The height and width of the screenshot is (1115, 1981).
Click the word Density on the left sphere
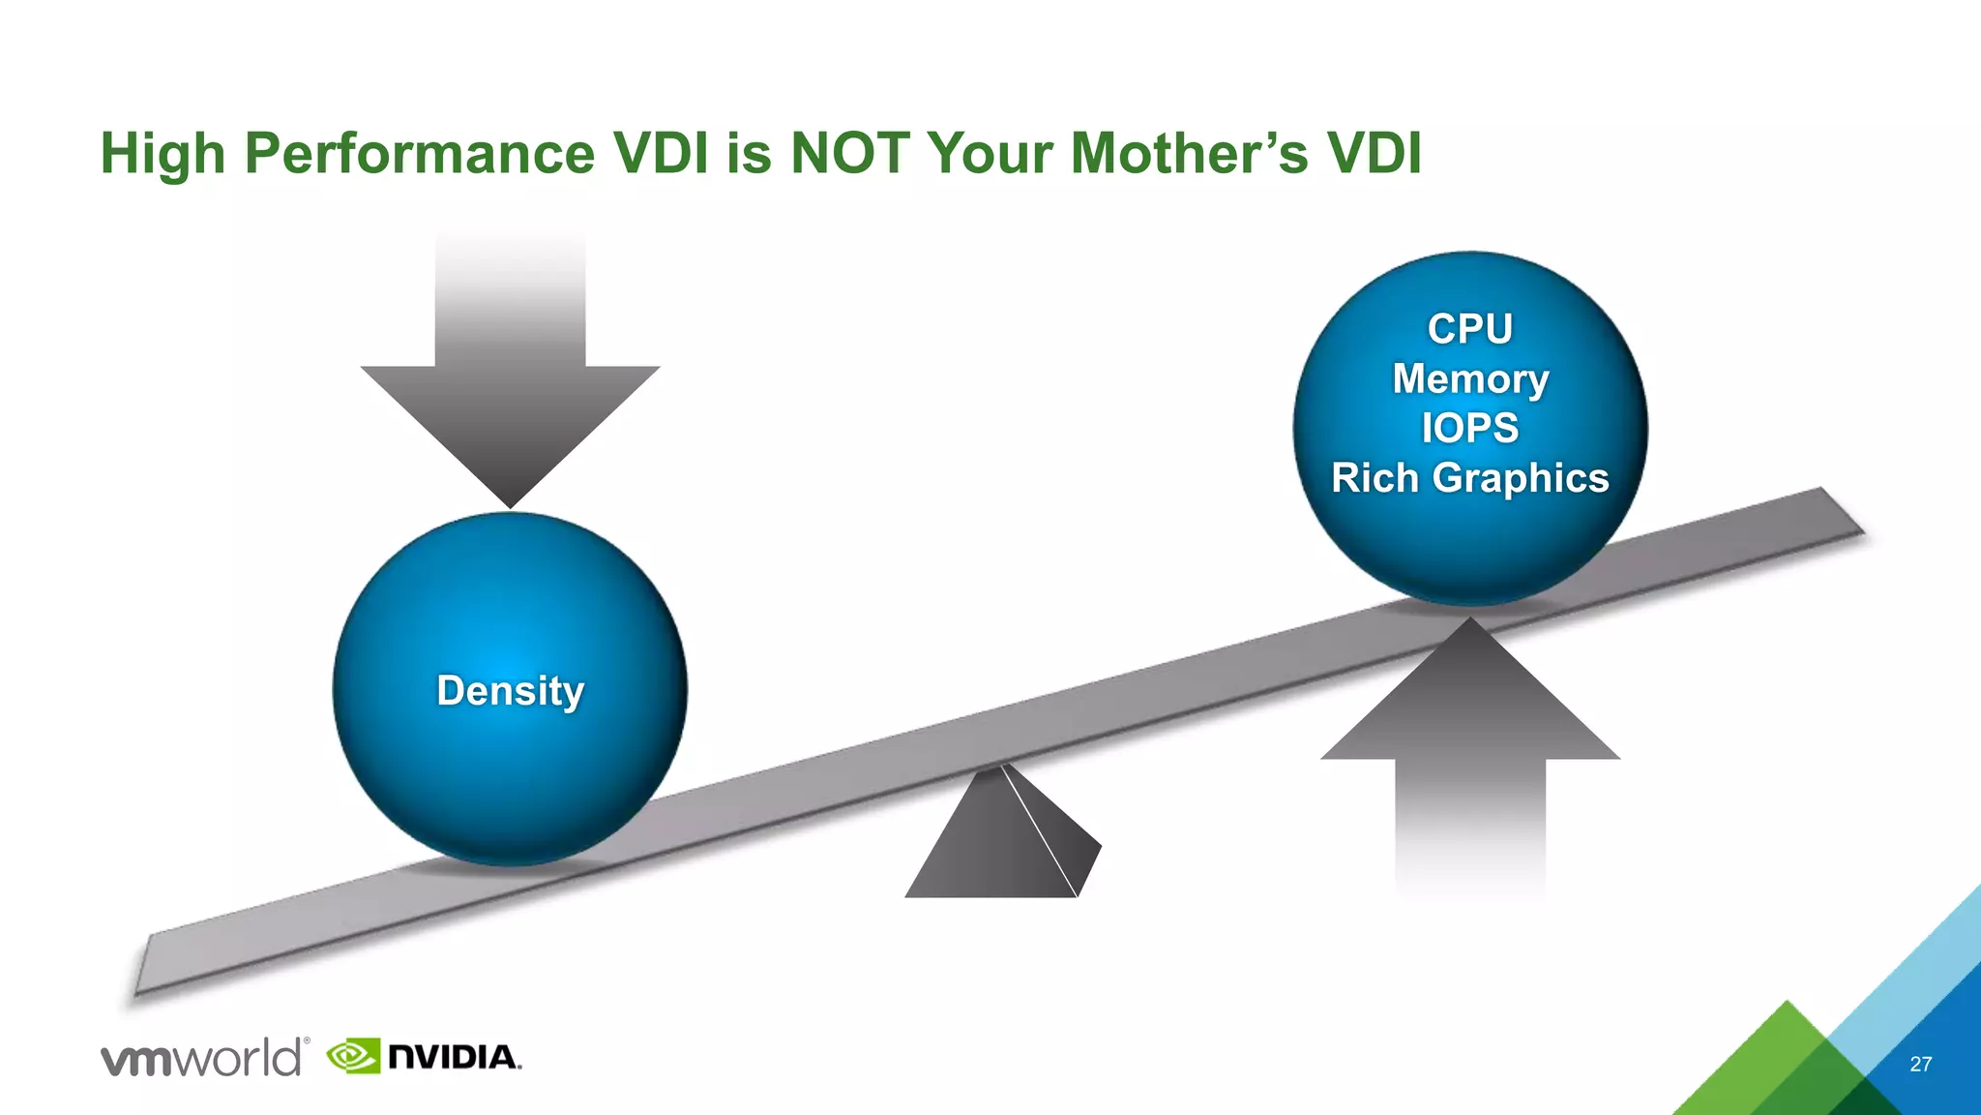click(x=510, y=691)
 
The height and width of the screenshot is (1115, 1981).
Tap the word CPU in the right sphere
click(x=1469, y=329)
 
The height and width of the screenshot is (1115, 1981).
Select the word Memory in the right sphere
click(x=1470, y=378)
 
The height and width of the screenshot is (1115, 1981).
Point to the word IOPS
click(x=1469, y=428)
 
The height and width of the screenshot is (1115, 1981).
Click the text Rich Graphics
click(x=1469, y=478)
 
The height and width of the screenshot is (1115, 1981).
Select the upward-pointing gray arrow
click(x=1469, y=736)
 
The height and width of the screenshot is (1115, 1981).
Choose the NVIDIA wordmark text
click(x=453, y=1057)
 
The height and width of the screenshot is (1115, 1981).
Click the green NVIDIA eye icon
click(x=352, y=1056)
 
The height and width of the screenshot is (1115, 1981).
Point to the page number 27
click(x=1920, y=1065)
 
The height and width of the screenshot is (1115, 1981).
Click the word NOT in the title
click(x=849, y=153)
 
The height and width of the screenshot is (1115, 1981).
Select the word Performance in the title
click(x=419, y=153)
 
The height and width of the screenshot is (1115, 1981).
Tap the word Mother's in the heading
click(x=1190, y=153)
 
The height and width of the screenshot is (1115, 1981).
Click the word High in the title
click(x=163, y=153)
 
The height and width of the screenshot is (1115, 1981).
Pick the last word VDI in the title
click(x=1374, y=153)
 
